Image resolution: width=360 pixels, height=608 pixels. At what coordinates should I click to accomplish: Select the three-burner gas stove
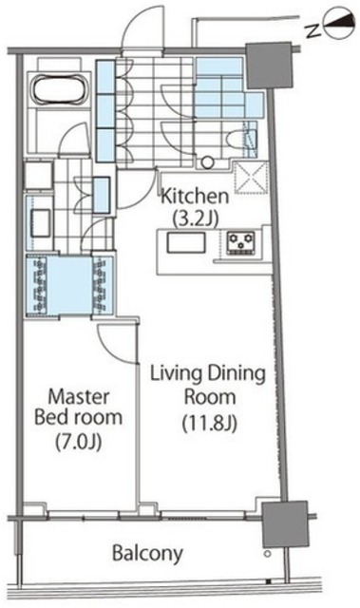(x=241, y=243)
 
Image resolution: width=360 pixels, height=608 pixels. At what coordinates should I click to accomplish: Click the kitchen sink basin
(x=186, y=243)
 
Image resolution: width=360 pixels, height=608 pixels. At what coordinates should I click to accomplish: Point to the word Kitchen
(x=195, y=197)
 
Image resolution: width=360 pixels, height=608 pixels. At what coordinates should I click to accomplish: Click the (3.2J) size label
(x=196, y=218)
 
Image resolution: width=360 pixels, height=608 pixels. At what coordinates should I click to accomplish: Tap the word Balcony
(x=147, y=553)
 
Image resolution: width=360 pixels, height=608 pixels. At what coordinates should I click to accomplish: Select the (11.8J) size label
(x=210, y=423)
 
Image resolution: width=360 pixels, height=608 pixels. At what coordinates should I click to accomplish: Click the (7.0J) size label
(x=79, y=441)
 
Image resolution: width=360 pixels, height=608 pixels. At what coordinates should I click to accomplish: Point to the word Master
(x=79, y=397)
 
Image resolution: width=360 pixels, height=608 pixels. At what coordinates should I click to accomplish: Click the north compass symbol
(x=339, y=26)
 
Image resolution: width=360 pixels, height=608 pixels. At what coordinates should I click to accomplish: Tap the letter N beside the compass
(x=313, y=31)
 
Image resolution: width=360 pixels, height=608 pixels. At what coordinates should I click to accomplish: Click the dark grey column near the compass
(x=269, y=66)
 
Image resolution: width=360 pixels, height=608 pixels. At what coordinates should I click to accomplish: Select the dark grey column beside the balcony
(x=285, y=523)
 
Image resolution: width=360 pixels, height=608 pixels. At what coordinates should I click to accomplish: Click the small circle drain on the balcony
(x=267, y=554)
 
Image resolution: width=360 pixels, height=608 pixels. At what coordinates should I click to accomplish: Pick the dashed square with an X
(x=252, y=178)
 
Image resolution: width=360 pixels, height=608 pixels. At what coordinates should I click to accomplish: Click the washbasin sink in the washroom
(x=40, y=223)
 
